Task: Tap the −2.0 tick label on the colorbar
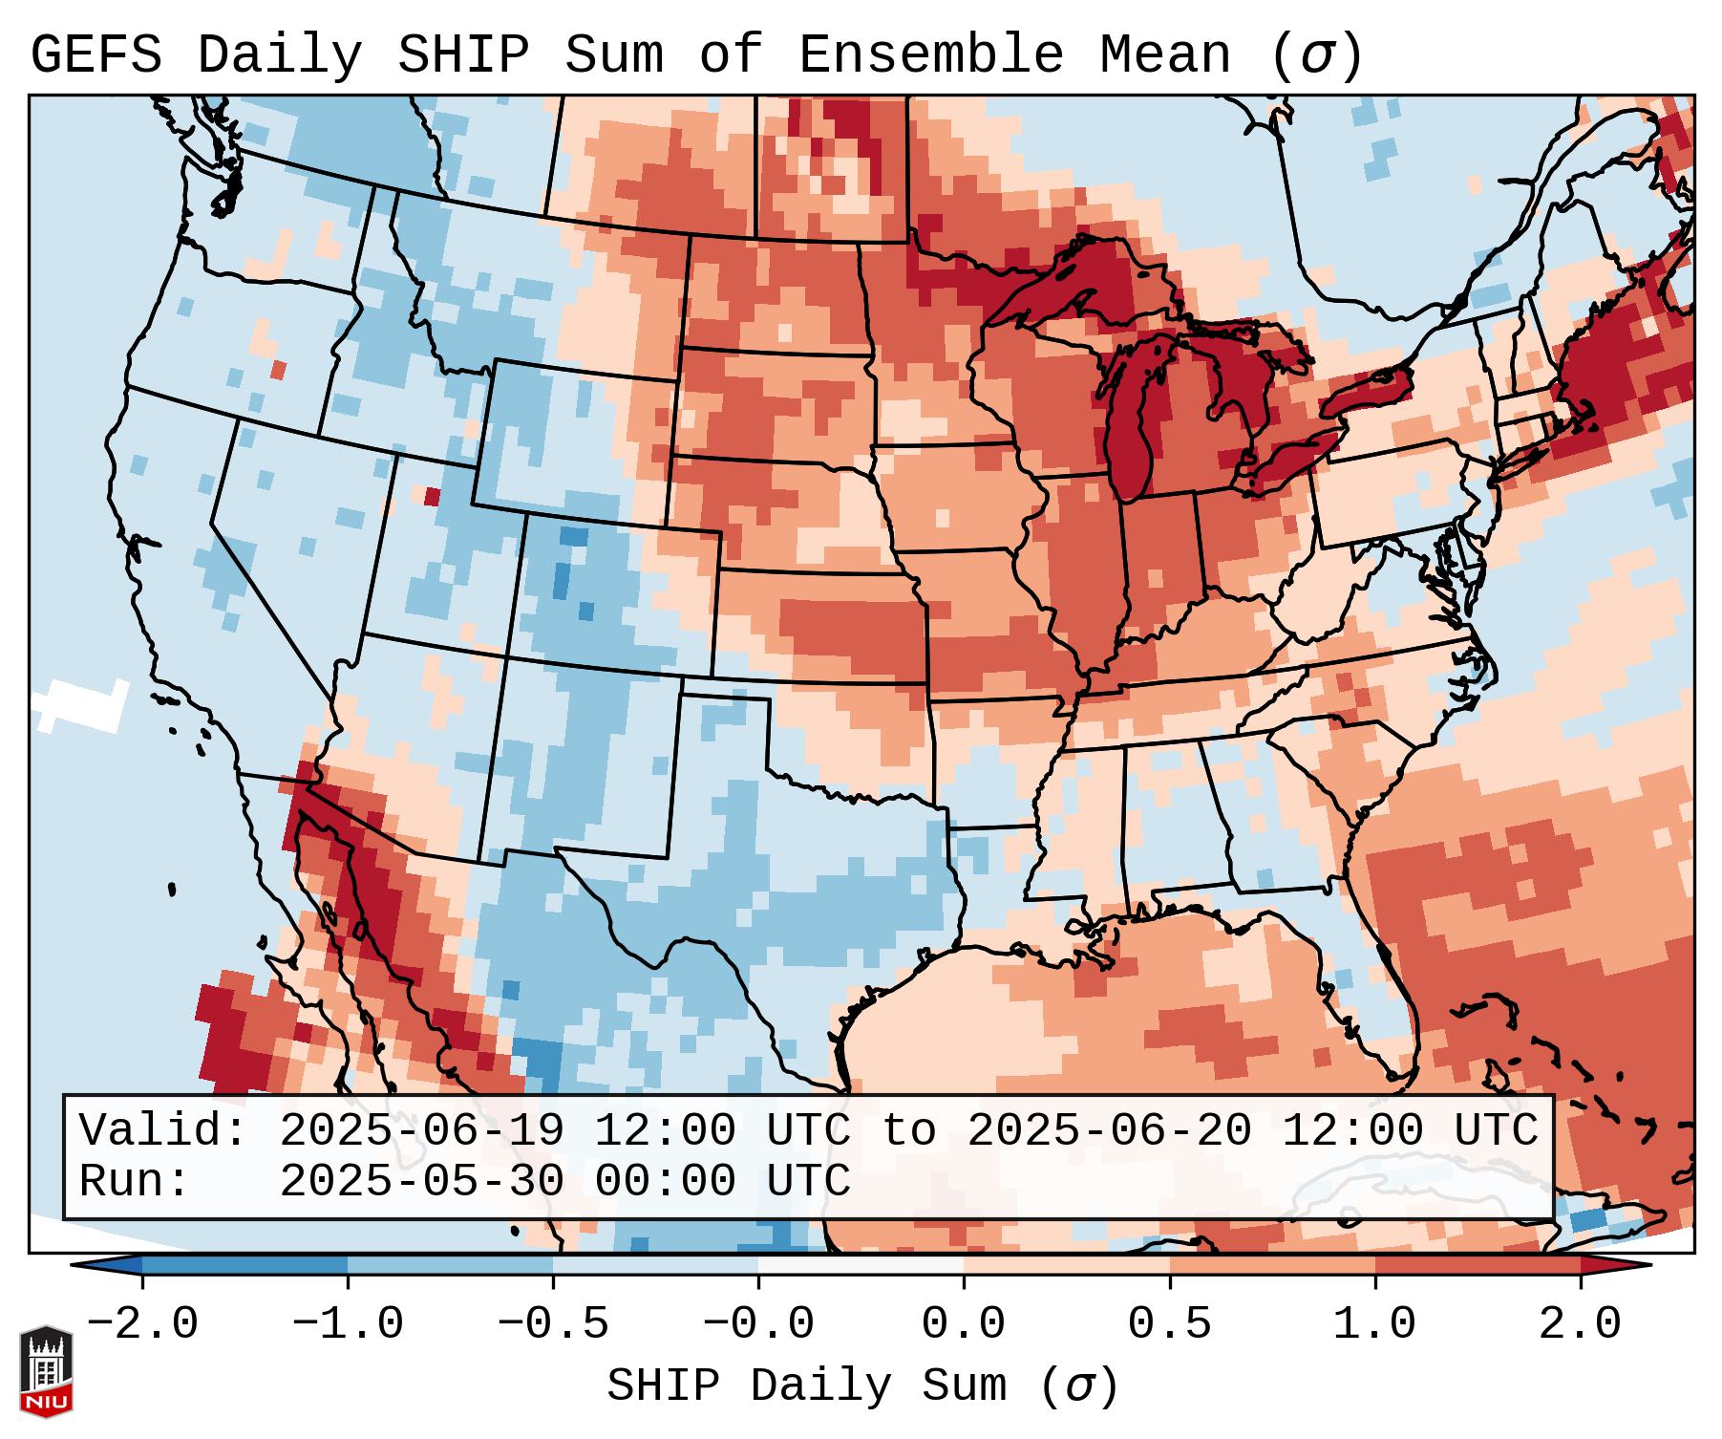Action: (142, 1324)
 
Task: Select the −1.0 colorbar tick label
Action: (348, 1324)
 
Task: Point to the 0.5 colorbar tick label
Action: (1169, 1324)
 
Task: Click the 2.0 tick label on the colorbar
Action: (1580, 1324)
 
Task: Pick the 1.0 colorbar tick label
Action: (1374, 1324)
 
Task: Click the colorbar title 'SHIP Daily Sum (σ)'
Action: (861, 1386)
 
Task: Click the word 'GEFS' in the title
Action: (96, 55)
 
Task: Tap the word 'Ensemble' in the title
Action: (930, 55)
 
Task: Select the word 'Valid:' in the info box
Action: (163, 1131)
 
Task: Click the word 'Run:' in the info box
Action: (135, 1181)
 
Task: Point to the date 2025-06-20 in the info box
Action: (1109, 1131)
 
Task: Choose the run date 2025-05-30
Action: (421, 1181)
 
